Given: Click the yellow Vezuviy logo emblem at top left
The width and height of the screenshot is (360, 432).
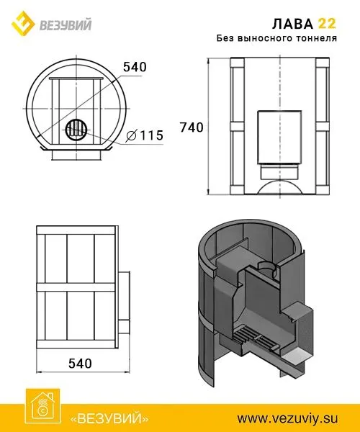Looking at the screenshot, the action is [23, 23].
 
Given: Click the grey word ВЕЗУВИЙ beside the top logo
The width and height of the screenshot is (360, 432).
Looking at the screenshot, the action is [66, 25].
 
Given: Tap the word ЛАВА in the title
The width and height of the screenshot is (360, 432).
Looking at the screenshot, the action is [292, 24].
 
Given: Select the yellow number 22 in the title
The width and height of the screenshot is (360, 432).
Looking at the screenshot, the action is [327, 24].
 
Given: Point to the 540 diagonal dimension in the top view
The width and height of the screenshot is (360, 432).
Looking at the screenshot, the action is [135, 67].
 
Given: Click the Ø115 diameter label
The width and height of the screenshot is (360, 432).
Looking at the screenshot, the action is [145, 135].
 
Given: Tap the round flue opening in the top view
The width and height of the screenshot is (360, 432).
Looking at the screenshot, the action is [76, 130].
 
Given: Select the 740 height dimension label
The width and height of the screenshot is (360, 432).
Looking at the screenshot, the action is [192, 127].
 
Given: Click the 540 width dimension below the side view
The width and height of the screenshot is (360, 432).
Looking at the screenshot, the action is [80, 364].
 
